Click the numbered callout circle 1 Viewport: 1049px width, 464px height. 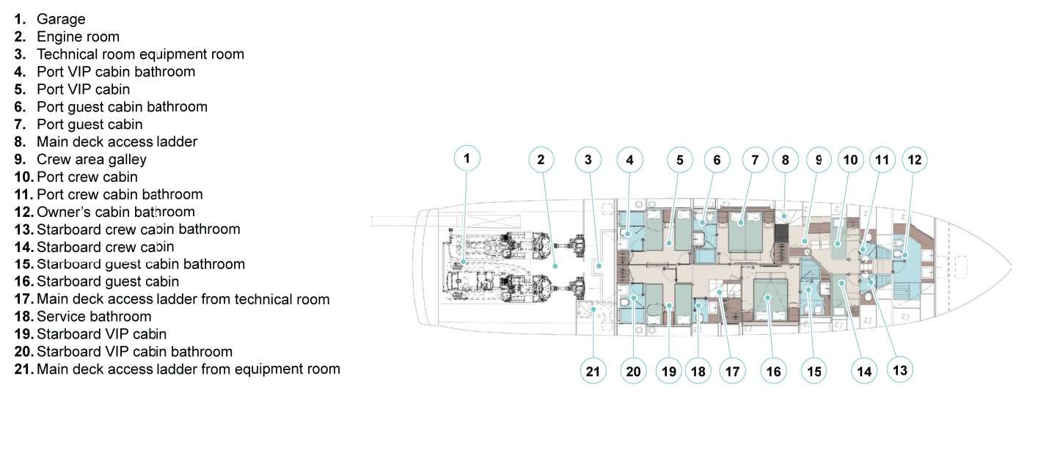pyautogui.click(x=467, y=158)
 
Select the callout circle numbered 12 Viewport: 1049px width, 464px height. pyautogui.click(x=915, y=159)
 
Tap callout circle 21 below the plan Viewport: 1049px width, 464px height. pyautogui.click(x=593, y=372)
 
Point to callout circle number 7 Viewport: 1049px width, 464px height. pyautogui.click(x=754, y=159)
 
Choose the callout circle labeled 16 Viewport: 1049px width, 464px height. pyautogui.click(x=773, y=372)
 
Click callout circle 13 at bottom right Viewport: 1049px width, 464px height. pyautogui.click(x=900, y=369)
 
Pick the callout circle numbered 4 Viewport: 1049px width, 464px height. pyautogui.click(x=629, y=159)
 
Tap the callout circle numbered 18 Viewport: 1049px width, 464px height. pyautogui.click(x=698, y=372)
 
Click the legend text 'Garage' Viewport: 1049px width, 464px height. pyautogui.click(x=61, y=19)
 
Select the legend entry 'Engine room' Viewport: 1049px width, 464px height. pyautogui.click(x=78, y=37)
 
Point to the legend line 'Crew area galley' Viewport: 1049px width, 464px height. pyautogui.click(x=91, y=159)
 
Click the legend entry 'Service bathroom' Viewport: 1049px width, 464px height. pyautogui.click(x=94, y=317)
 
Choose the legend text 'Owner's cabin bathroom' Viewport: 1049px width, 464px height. pyautogui.click(x=115, y=212)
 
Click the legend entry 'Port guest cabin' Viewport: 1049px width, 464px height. pyautogui.click(x=89, y=124)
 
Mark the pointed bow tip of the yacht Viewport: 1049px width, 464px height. pyautogui.click(x=1011, y=265)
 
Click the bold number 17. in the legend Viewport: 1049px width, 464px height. pyautogui.click(x=23, y=299)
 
